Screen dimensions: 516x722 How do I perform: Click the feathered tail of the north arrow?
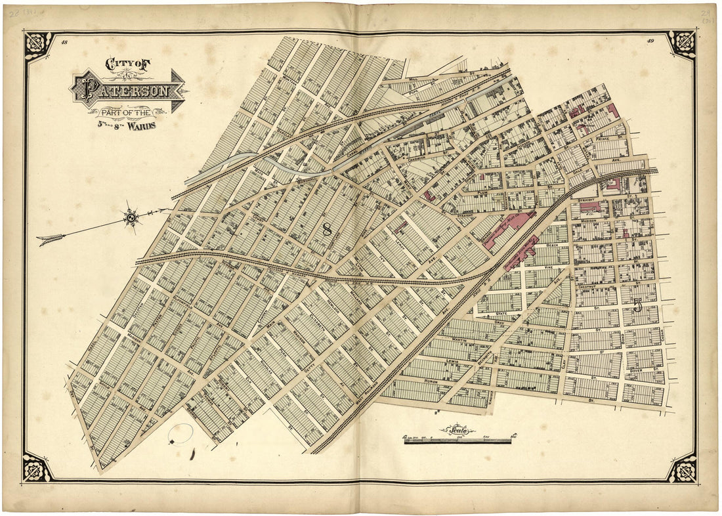coord(50,240)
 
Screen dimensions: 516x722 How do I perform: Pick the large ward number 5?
coord(637,305)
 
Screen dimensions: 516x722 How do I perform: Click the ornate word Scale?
coord(457,430)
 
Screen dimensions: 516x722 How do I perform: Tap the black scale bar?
coord(457,441)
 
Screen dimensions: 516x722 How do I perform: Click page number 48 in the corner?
coord(64,43)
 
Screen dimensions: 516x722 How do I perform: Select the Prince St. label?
coord(603,139)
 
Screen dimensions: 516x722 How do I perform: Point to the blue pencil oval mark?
coord(180,434)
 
